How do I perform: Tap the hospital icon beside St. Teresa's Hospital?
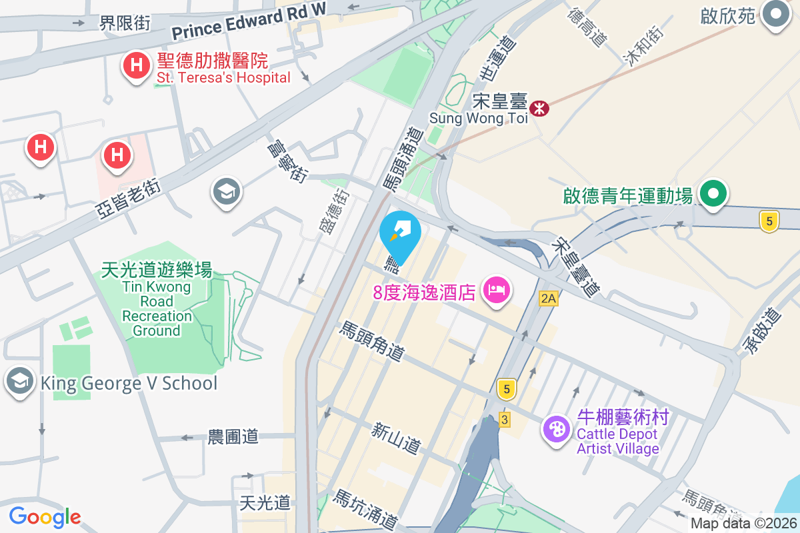coord(136,66)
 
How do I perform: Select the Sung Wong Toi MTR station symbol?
coord(539,107)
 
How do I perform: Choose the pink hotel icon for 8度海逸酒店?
coord(497,290)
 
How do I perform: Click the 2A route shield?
coord(548,298)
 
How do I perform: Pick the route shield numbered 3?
coord(505,420)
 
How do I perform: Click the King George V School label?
coord(129,383)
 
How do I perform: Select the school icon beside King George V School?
coord(19,382)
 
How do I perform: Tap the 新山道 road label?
coord(397,438)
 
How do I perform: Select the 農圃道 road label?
coord(233,437)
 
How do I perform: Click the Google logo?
coord(45,516)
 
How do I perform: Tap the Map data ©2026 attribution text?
coord(744,524)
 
